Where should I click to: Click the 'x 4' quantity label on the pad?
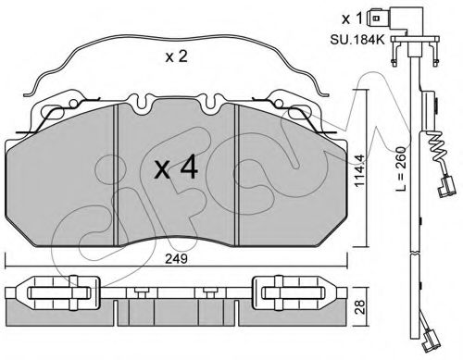(176, 168)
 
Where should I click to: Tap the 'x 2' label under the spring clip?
(176, 56)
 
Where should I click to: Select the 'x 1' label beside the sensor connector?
(352, 19)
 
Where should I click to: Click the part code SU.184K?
(357, 40)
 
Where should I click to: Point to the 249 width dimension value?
(176, 259)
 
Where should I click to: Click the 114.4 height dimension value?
(360, 170)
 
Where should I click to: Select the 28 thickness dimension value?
(360, 306)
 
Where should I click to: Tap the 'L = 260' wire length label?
(400, 168)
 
